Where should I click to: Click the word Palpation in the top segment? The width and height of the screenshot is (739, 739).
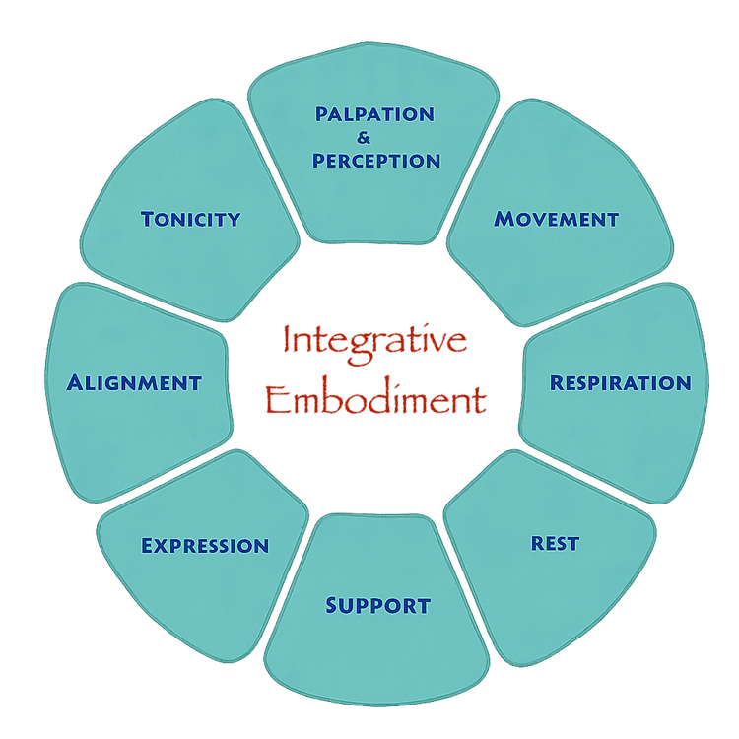(x=374, y=114)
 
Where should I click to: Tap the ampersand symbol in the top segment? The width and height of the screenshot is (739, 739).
(x=365, y=138)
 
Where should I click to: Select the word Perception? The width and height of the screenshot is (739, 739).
(x=376, y=160)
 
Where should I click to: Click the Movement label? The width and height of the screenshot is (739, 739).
(x=557, y=219)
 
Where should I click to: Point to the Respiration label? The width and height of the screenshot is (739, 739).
(x=620, y=382)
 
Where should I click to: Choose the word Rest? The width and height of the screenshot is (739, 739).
(x=555, y=543)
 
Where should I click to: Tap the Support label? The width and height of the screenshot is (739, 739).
(x=377, y=605)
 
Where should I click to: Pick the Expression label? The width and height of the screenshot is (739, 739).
(x=205, y=545)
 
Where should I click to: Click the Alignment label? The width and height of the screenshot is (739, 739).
(x=134, y=382)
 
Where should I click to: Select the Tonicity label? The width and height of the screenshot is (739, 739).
(x=190, y=219)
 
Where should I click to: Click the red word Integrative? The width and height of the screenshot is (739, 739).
(x=374, y=341)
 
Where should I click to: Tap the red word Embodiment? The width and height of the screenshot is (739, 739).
(x=375, y=400)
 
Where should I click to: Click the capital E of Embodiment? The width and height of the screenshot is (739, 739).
(x=277, y=399)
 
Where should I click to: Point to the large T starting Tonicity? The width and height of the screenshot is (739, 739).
(x=148, y=218)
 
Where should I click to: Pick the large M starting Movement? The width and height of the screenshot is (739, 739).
(x=503, y=219)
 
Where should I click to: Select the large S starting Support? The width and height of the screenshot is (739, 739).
(x=333, y=604)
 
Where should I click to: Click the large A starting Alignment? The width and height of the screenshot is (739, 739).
(x=75, y=381)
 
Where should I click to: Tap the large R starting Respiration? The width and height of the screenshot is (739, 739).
(x=557, y=381)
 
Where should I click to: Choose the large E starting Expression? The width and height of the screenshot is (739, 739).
(x=148, y=545)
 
